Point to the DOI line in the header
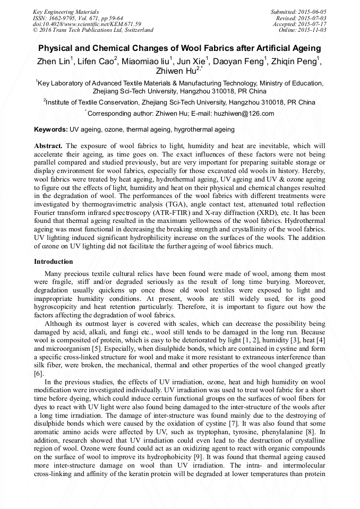(87, 24)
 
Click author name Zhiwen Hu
(175, 71)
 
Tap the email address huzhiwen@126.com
(247, 114)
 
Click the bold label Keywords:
(51, 130)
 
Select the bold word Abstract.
(48, 145)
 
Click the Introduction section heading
(54, 262)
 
